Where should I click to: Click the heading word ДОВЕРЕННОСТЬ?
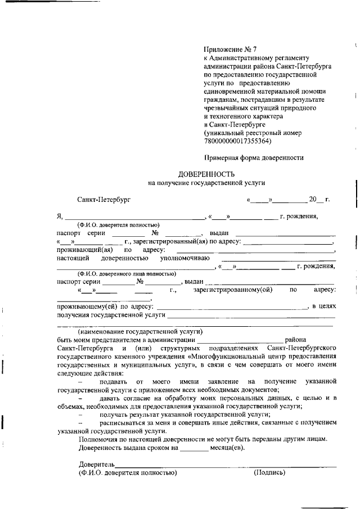(x=206, y=174)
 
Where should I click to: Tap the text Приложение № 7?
(x=227, y=50)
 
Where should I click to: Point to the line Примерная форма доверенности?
(x=254, y=157)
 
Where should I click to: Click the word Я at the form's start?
(x=59, y=217)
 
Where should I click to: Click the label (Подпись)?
(x=270, y=472)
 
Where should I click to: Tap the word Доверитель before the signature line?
(x=96, y=465)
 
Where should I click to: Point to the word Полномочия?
(x=99, y=439)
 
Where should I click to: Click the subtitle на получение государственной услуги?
(x=206, y=183)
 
